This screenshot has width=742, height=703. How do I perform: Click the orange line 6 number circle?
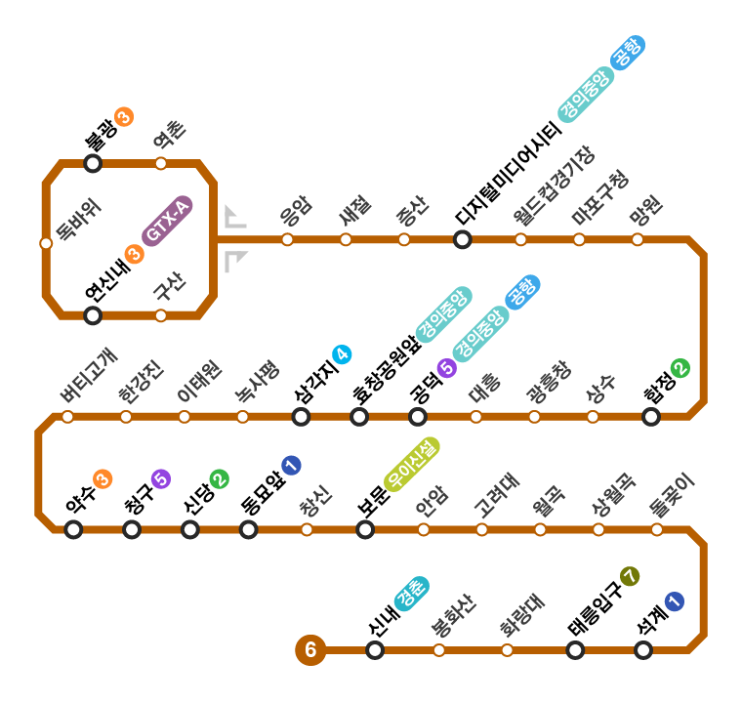click(x=310, y=649)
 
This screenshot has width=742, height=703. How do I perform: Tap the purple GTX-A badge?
click(x=167, y=222)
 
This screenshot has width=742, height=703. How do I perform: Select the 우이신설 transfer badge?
click(x=411, y=463)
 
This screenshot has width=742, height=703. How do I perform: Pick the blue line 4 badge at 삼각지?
click(x=342, y=354)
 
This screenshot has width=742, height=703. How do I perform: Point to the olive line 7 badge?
click(x=629, y=575)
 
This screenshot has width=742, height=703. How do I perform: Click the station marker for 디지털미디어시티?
click(x=463, y=239)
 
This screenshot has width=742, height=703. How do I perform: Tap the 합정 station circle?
click(x=651, y=417)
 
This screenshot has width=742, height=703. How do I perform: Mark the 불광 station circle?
click(x=93, y=163)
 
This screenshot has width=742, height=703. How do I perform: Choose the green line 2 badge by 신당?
click(x=219, y=478)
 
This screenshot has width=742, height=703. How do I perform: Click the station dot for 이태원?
click(x=185, y=417)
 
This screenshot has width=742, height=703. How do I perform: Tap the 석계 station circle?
click(x=643, y=650)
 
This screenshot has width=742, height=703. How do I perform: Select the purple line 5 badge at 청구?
click(x=161, y=478)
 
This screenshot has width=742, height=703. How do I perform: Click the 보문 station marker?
click(x=365, y=529)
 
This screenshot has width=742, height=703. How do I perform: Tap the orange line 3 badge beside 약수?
click(x=103, y=478)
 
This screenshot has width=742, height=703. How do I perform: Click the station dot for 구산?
click(x=161, y=315)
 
